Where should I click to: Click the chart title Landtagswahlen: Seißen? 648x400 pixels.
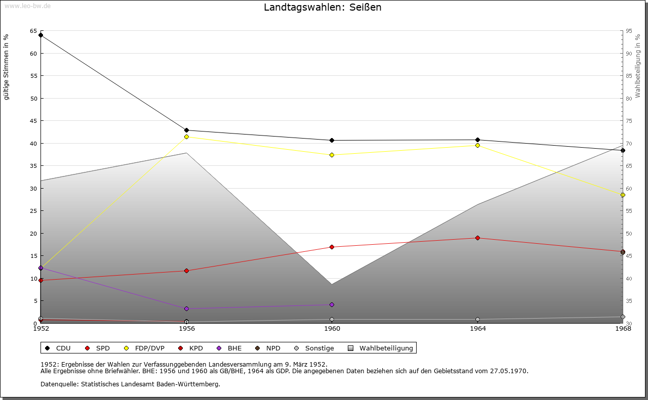(x=322, y=8)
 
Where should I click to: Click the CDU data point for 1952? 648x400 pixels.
(x=40, y=35)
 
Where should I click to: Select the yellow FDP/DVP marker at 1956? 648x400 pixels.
(x=186, y=137)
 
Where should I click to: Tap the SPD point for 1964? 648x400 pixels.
(x=477, y=238)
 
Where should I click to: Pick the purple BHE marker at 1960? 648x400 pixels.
(x=332, y=304)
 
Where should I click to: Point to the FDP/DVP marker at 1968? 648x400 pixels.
(x=623, y=195)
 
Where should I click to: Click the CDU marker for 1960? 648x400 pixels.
(x=332, y=140)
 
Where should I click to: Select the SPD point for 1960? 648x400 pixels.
(x=332, y=247)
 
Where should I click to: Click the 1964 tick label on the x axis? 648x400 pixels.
(x=477, y=329)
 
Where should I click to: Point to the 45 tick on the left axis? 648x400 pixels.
(x=33, y=121)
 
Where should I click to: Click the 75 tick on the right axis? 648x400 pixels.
(x=628, y=121)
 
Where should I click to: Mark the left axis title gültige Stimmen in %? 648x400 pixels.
(x=7, y=67)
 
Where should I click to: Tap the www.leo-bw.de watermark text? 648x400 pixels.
(x=26, y=5)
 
